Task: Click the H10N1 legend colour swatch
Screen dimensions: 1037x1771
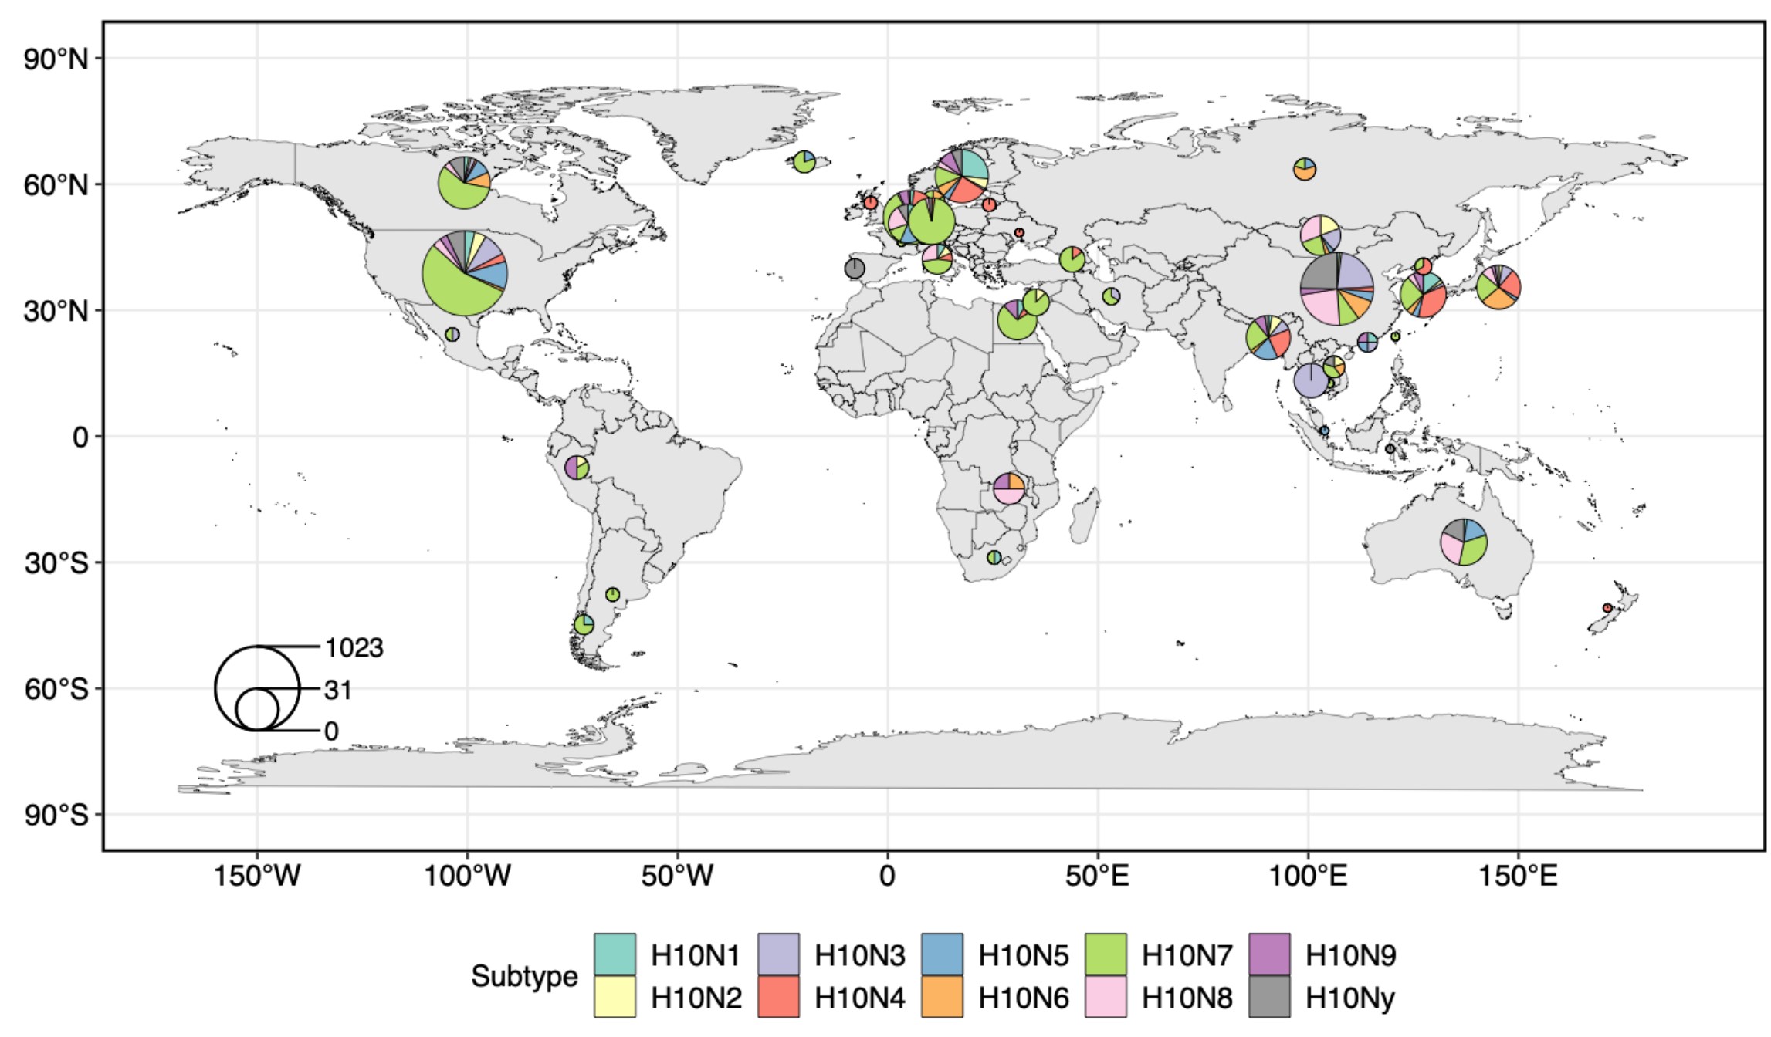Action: (615, 954)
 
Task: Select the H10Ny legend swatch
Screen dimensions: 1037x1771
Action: (1269, 997)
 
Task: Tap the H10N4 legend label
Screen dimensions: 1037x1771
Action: (859, 998)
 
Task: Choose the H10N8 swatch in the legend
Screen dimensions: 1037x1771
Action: (1106, 997)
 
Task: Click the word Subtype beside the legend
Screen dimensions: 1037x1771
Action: (524, 976)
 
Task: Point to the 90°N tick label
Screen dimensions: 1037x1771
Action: (56, 59)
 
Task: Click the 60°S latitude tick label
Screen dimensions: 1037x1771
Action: (56, 688)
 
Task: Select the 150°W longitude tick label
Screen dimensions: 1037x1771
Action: (257, 876)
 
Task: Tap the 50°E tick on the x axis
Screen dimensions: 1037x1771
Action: (1097, 876)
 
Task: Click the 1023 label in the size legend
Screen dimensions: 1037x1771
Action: (354, 647)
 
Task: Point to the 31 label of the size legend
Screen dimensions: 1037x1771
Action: (338, 690)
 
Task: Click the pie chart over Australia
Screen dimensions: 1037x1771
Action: (1464, 542)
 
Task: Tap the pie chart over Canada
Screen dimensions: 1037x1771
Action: (464, 182)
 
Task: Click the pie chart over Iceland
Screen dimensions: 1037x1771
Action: (804, 162)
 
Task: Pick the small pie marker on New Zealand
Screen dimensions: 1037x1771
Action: (1607, 608)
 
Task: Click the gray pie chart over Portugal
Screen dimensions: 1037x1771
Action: (855, 269)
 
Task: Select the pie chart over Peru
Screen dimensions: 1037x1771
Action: (577, 468)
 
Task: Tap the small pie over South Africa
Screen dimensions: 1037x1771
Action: (994, 557)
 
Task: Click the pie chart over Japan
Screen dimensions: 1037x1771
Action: (1498, 287)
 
